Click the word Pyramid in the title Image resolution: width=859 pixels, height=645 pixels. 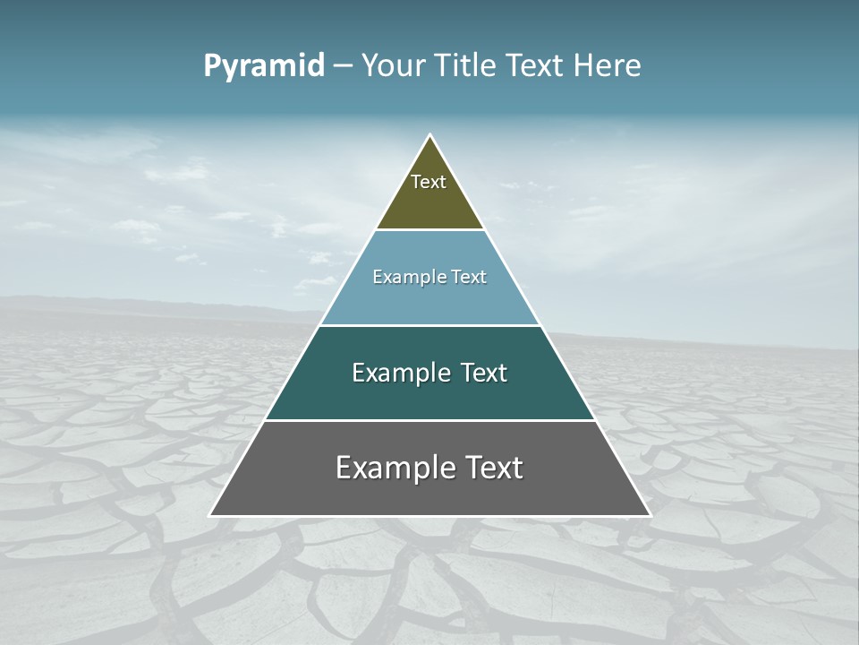click(x=263, y=66)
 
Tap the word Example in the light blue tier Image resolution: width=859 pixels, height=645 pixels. click(x=407, y=278)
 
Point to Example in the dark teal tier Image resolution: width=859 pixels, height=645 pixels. click(x=400, y=373)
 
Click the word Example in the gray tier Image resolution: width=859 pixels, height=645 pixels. click(x=390, y=468)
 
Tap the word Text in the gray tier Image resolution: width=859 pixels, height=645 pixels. click(x=495, y=468)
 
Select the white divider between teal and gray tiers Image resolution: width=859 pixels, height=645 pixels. click(x=429, y=420)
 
